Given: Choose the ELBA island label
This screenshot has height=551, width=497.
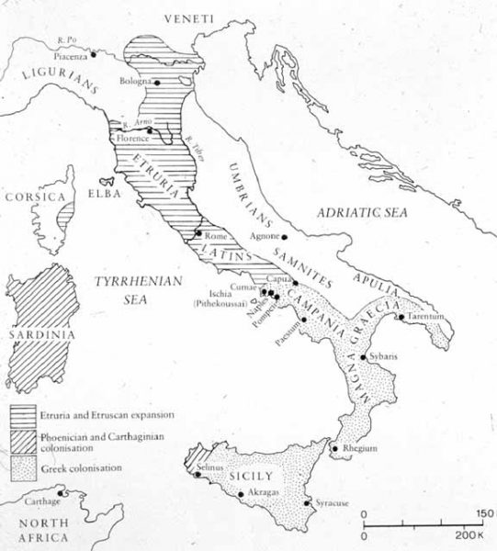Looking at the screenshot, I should click(x=91, y=195).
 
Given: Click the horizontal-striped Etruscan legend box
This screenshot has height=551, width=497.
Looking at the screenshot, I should click(x=25, y=415).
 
